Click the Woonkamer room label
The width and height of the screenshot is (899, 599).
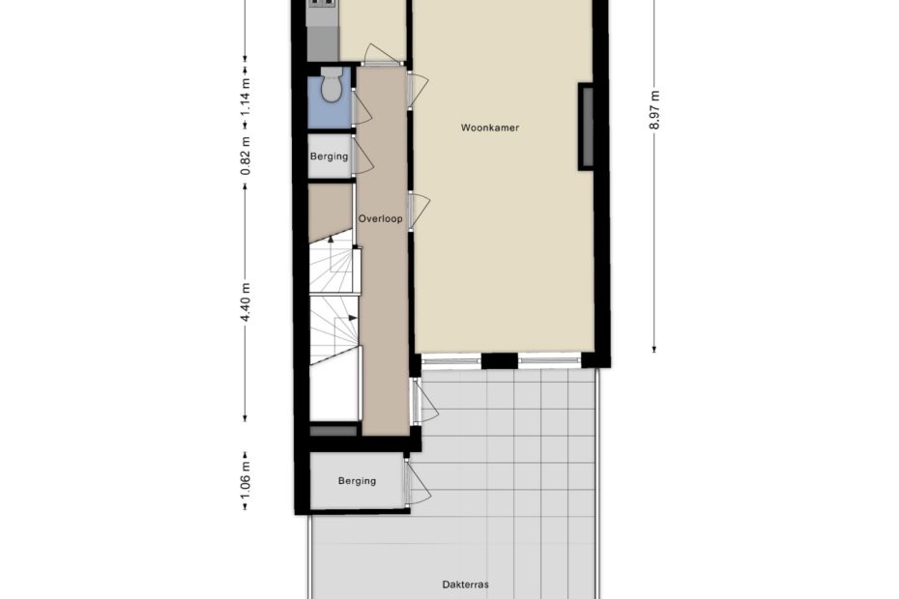click(490, 128)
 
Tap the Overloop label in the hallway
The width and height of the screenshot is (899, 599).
click(380, 218)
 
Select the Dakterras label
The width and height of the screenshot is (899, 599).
click(466, 585)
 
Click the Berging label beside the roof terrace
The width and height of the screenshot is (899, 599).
click(357, 481)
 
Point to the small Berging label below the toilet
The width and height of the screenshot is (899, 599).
click(329, 156)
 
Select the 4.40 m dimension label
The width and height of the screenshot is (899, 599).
click(246, 302)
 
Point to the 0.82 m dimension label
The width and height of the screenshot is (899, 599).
click(246, 156)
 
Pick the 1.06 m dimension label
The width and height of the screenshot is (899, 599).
click(246, 480)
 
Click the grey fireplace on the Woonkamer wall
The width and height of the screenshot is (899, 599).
click(586, 127)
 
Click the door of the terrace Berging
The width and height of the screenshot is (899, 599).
click(418, 482)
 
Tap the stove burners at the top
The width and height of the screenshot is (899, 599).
click(323, 3)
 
